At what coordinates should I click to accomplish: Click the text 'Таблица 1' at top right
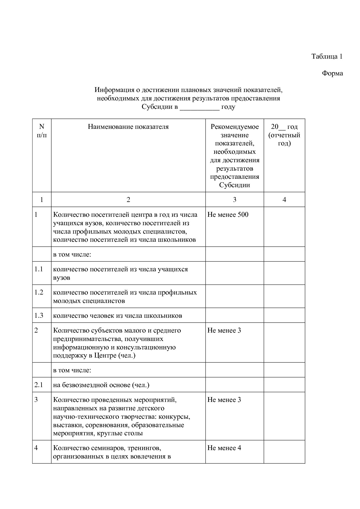click(327, 56)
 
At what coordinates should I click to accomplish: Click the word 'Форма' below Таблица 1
click(332, 73)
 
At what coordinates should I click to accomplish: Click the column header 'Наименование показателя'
click(128, 127)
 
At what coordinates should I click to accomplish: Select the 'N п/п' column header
click(42, 131)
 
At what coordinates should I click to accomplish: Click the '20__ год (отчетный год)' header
click(284, 135)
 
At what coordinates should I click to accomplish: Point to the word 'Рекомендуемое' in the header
click(235, 127)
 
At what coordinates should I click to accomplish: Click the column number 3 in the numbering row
click(235, 200)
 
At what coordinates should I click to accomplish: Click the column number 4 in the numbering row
click(284, 200)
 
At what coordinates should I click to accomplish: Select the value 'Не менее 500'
click(228, 215)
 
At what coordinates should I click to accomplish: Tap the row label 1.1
click(39, 269)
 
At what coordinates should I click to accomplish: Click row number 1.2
click(39, 293)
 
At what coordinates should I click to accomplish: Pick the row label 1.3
click(39, 316)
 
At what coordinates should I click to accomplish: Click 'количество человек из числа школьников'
click(118, 316)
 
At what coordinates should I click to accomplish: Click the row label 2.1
click(39, 385)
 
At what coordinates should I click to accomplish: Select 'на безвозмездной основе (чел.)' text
click(101, 385)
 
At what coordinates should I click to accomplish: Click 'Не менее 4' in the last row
click(224, 448)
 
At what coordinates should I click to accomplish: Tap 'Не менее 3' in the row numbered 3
click(224, 400)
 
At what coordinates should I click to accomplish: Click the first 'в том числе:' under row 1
click(72, 255)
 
